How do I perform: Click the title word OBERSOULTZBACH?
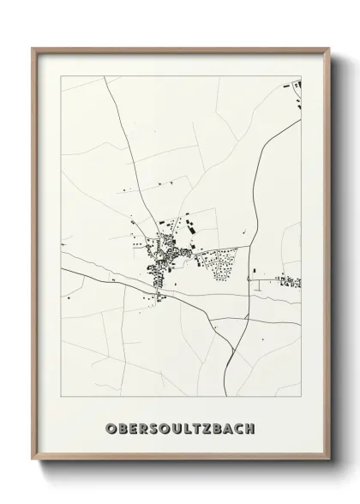click(180, 428)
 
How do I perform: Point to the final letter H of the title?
click(249, 428)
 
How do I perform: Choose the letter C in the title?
click(237, 428)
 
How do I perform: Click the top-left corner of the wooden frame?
click(33, 48)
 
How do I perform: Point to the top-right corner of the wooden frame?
click(327, 48)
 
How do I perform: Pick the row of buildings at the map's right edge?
click(290, 280)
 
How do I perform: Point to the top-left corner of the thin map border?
click(60, 75)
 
